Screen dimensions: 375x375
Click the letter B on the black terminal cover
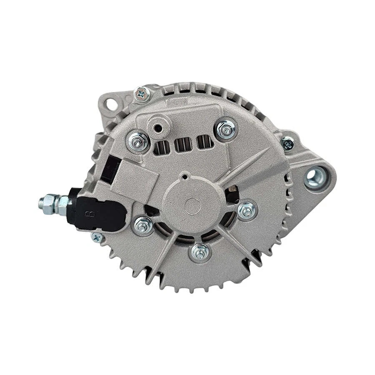click(x=88, y=214)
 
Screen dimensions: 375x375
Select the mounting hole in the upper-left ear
click(x=110, y=102)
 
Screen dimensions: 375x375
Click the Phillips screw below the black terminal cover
click(x=97, y=237)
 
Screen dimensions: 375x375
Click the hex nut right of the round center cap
click(x=247, y=210)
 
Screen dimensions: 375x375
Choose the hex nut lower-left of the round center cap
click(x=143, y=226)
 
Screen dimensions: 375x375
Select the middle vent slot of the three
click(x=182, y=144)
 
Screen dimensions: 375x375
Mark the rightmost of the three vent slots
click(x=202, y=142)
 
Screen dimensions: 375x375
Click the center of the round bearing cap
click(x=192, y=205)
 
